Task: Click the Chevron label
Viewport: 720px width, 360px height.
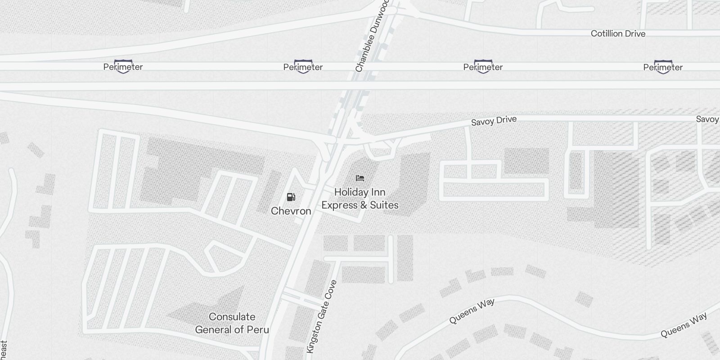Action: [291, 211]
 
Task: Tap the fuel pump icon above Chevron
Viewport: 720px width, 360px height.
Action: [291, 197]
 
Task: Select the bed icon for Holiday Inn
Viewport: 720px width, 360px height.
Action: [360, 179]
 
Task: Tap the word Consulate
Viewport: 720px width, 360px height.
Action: [232, 317]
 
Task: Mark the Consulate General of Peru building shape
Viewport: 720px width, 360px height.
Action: [216, 306]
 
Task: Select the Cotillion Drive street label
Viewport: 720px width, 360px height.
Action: [618, 34]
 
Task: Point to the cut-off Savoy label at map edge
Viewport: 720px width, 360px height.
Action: [708, 119]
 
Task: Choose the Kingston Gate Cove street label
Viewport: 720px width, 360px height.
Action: [321, 317]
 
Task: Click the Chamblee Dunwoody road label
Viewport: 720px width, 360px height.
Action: [372, 36]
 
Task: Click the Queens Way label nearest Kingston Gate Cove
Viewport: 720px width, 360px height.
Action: [472, 311]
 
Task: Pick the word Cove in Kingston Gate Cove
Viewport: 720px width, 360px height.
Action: [331, 290]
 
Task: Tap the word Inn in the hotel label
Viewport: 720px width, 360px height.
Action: [377, 193]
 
